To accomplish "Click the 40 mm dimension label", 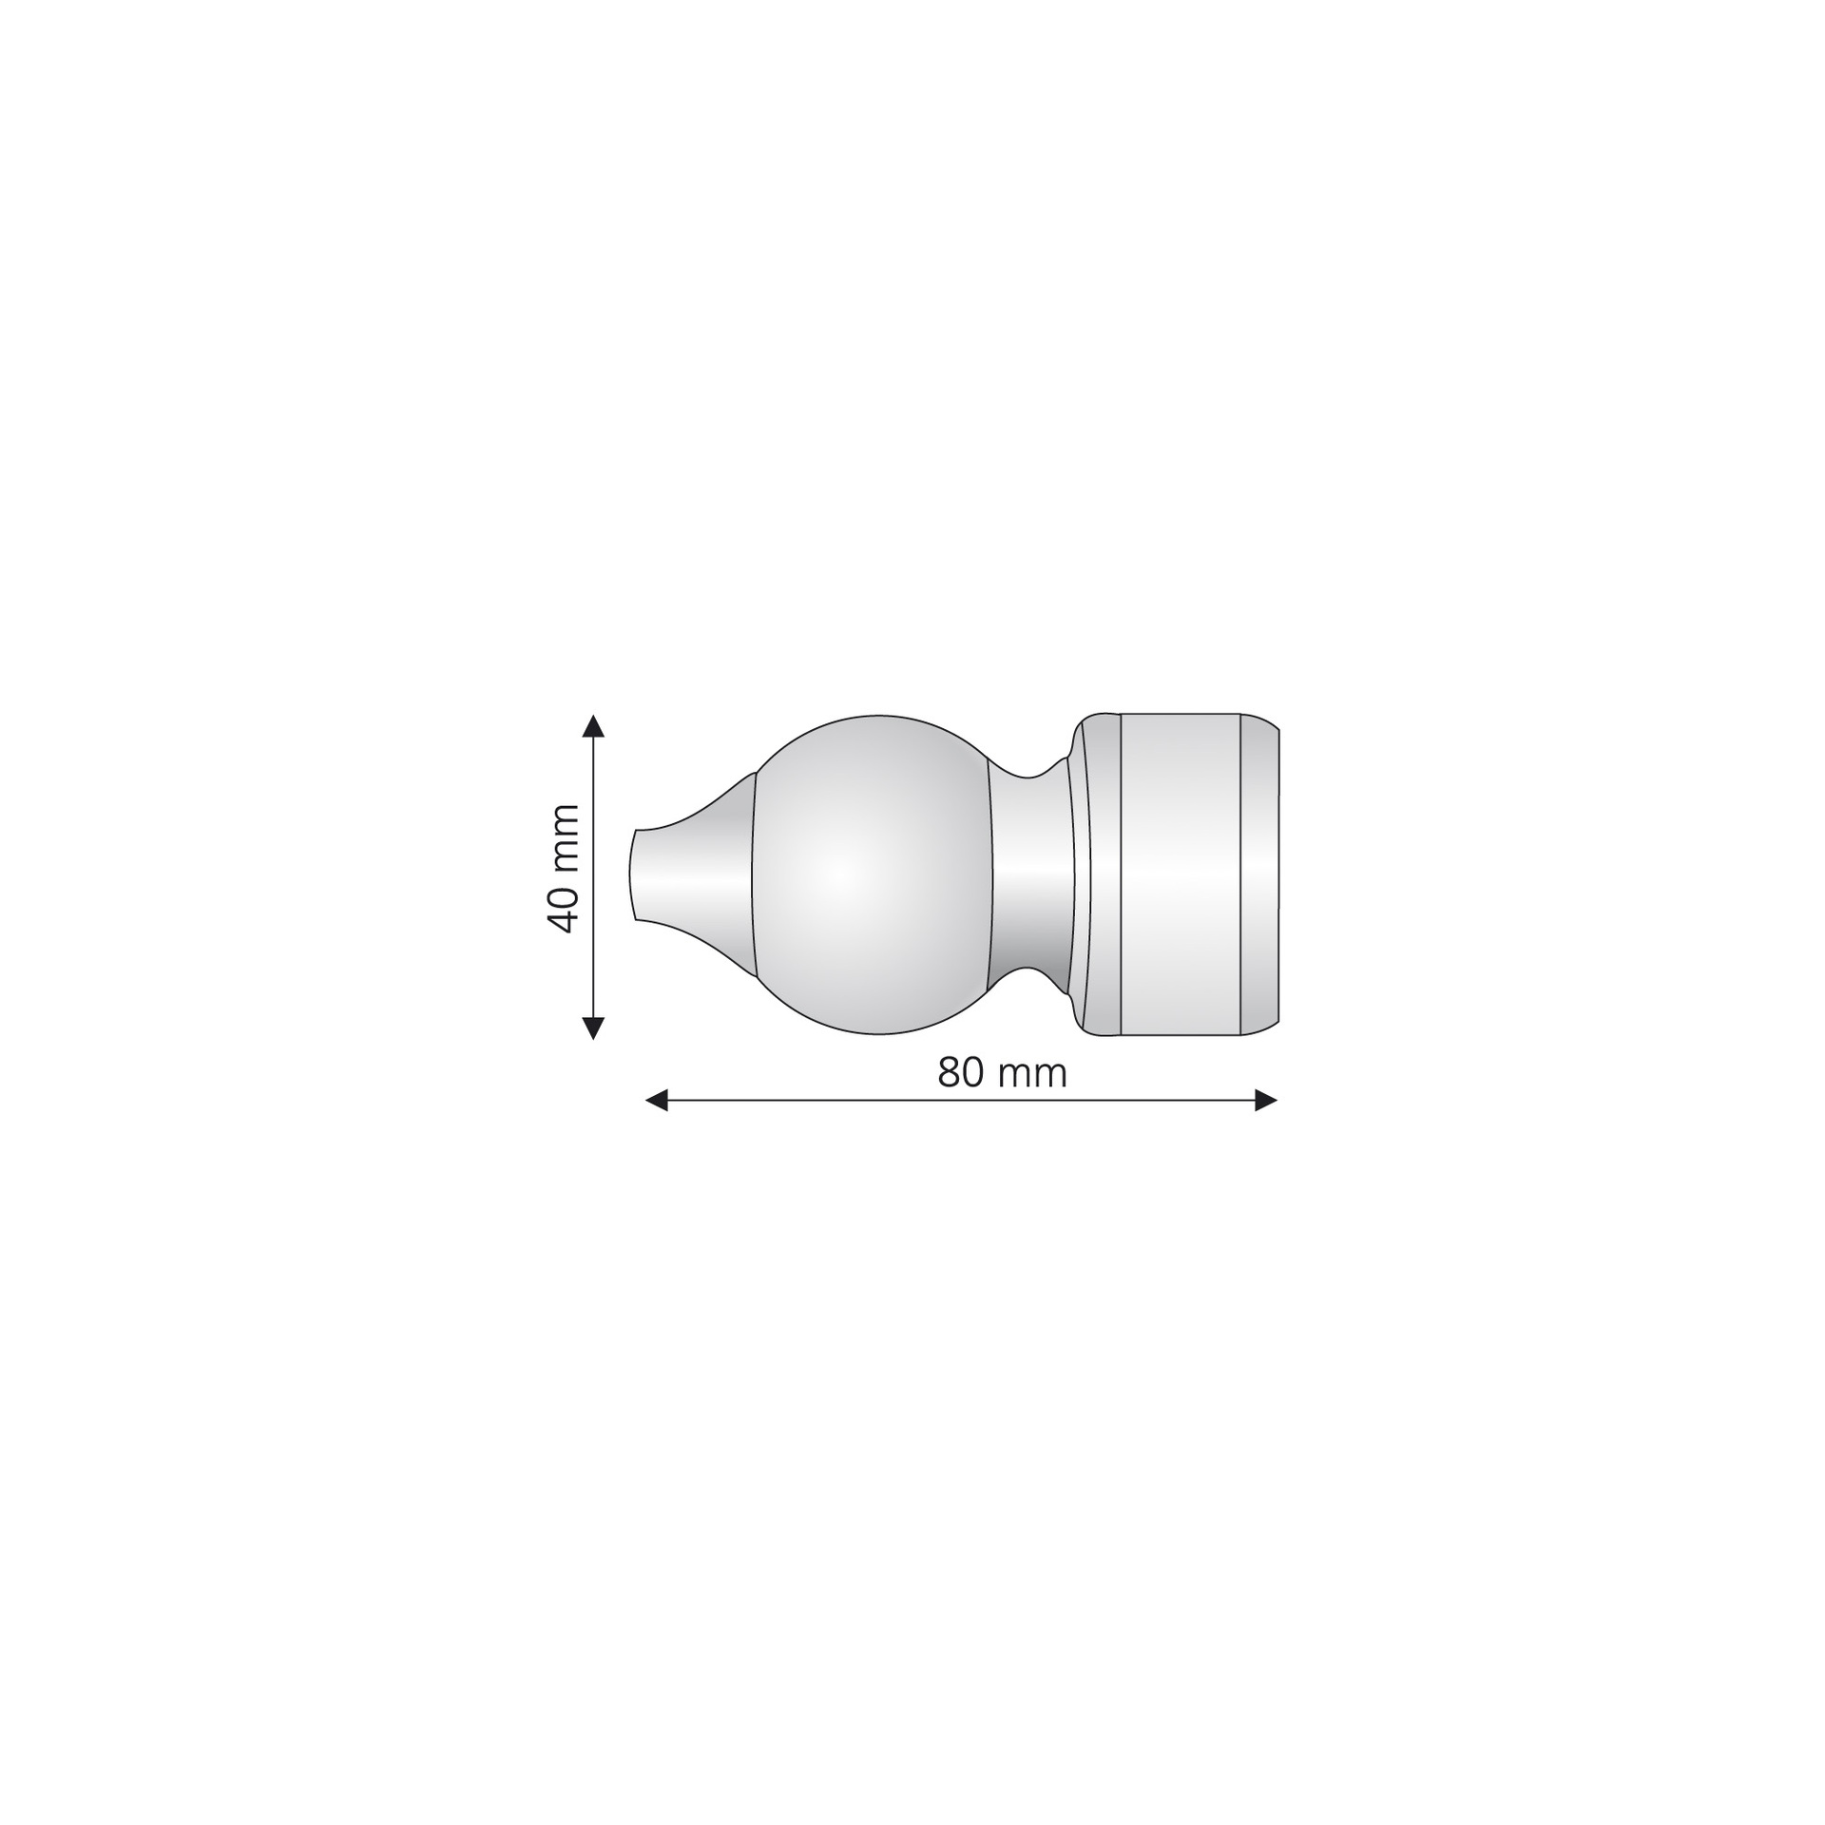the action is pos(564,868).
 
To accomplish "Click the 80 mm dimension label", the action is pos(1002,1073).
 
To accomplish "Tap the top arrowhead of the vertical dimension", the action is pos(593,726).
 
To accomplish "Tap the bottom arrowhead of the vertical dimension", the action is pos(593,1028).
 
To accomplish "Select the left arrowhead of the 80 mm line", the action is pos(657,1101).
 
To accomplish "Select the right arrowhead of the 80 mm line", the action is pos(1266,1101).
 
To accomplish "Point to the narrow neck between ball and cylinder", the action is pos(1030,874).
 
